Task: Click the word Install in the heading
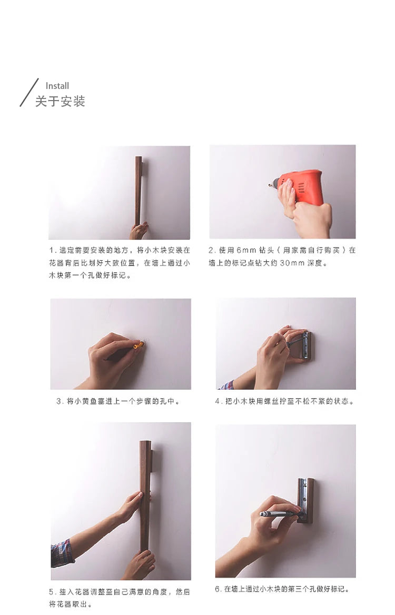click(x=57, y=86)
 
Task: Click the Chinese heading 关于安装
click(x=60, y=101)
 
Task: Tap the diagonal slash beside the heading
click(x=29, y=92)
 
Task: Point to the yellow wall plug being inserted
click(x=139, y=345)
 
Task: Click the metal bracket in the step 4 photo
click(x=306, y=345)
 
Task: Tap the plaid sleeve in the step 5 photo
click(x=62, y=552)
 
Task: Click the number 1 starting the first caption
click(x=52, y=250)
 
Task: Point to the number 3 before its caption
click(x=59, y=401)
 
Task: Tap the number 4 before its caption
click(x=218, y=401)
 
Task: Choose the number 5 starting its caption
click(x=52, y=592)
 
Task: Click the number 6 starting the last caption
click(x=218, y=589)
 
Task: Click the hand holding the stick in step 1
click(x=139, y=231)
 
